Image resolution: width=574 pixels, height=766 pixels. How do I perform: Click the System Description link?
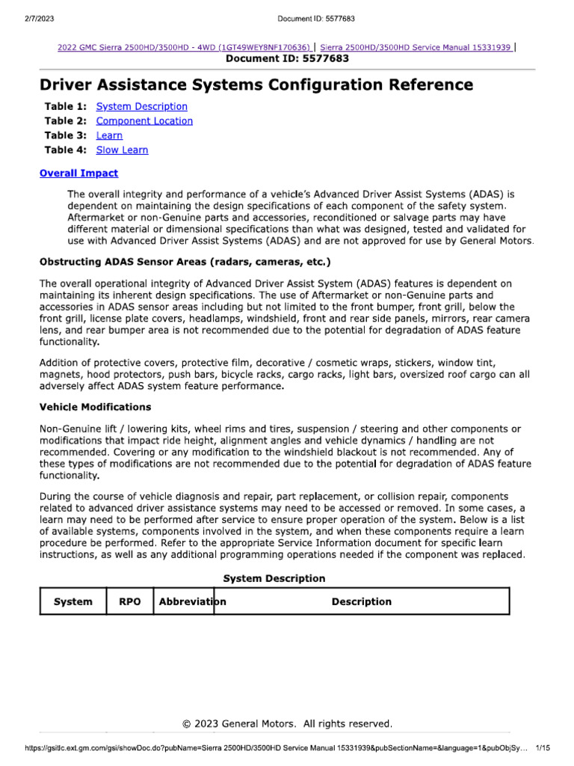[141, 106]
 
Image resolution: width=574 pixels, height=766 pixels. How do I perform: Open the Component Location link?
[144, 120]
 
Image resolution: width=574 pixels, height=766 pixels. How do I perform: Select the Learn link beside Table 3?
[109, 135]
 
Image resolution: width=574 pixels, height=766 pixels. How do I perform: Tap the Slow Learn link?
[122, 150]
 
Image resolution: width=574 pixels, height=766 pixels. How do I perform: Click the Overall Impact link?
[78, 173]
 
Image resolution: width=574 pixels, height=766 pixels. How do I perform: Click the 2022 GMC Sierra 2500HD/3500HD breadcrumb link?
[184, 47]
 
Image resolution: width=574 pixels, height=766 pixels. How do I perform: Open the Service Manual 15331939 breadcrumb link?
[416, 47]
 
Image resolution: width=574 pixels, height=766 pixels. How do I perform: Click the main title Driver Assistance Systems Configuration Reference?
[256, 85]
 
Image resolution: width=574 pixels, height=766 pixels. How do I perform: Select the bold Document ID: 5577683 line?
[287, 58]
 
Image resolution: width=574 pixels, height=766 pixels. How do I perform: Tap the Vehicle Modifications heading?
[95, 407]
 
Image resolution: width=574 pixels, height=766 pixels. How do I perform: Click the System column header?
[73, 601]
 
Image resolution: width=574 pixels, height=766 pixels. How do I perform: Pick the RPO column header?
[129, 601]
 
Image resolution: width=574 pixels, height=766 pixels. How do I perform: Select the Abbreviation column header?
[192, 601]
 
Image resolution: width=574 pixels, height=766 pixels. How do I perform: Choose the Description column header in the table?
[361, 601]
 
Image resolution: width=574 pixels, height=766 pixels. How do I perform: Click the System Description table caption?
[274, 578]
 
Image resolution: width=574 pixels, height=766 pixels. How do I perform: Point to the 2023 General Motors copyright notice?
[287, 723]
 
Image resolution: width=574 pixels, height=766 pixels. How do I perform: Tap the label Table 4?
[66, 150]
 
